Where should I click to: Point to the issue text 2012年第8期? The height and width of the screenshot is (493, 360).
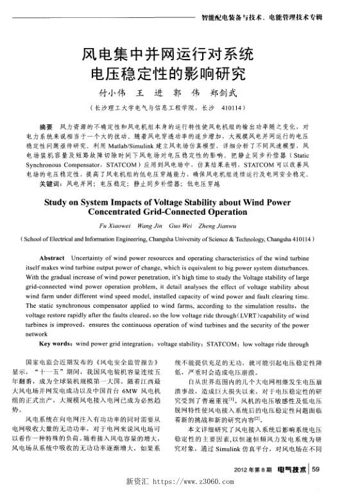(253, 471)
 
